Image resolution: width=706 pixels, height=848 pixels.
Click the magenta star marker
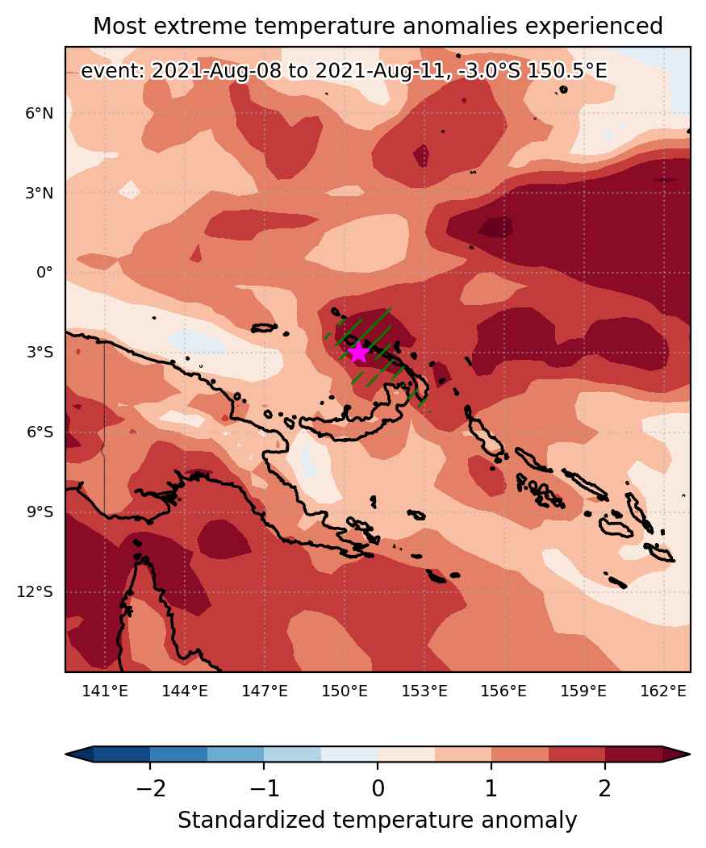pyautogui.click(x=358, y=353)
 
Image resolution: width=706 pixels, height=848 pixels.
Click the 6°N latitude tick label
pyautogui.click(x=40, y=114)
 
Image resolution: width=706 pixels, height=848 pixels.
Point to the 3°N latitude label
pyautogui.click(x=40, y=193)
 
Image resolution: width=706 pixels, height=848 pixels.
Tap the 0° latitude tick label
pyautogui.click(x=44, y=272)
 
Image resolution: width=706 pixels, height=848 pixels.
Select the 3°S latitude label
pyautogui.click(x=40, y=352)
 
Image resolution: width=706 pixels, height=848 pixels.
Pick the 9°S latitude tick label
pyautogui.click(x=40, y=512)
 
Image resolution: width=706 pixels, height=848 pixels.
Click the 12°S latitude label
pyautogui.click(x=36, y=591)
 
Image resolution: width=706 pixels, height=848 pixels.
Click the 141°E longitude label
pyautogui.click(x=105, y=691)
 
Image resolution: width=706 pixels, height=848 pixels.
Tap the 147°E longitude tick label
pyautogui.click(x=265, y=691)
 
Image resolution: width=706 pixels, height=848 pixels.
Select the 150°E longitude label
pyautogui.click(x=345, y=691)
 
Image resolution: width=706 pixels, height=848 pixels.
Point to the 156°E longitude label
pyautogui.click(x=503, y=691)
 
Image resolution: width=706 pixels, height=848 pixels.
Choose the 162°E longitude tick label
pyautogui.click(x=663, y=691)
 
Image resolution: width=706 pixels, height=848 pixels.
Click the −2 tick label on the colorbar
pyautogui.click(x=150, y=788)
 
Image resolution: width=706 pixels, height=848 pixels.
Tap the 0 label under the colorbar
pyautogui.click(x=378, y=788)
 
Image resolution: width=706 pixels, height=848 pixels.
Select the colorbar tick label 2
pyautogui.click(x=605, y=788)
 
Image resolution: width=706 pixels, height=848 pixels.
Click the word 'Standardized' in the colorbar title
pyautogui.click(x=252, y=821)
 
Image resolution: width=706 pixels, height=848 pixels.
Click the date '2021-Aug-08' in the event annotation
pyautogui.click(x=216, y=71)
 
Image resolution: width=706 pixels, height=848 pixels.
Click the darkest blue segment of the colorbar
pyautogui.click(x=122, y=754)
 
